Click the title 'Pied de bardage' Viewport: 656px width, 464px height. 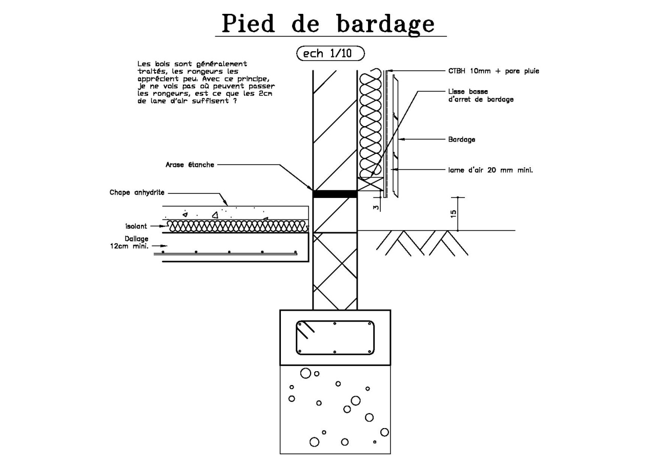tap(328, 24)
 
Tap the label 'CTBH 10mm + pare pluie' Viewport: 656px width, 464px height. tap(494, 71)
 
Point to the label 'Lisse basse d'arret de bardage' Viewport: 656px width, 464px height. tap(481, 95)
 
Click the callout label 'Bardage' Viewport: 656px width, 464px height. tap(462, 139)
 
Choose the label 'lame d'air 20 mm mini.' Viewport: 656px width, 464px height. tap(490, 170)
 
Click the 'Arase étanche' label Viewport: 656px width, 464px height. tap(190, 165)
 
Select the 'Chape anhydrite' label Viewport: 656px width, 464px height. tap(137, 192)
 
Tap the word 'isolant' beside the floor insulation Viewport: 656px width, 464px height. tap(136, 226)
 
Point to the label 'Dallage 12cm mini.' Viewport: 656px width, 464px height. tap(129, 242)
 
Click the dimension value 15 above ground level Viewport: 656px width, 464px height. tap(454, 214)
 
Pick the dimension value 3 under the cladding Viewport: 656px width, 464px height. tap(376, 208)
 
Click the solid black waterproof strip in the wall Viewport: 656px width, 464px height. tap(335, 194)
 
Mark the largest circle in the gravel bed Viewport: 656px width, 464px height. tap(305, 373)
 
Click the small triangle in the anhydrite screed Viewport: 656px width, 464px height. tap(215, 215)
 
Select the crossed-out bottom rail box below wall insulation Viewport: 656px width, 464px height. tap(371, 184)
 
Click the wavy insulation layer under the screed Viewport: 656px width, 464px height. tap(237, 227)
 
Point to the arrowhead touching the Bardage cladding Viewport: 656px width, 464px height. tap(401, 139)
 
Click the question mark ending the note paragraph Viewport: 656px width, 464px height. tap(235, 101)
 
